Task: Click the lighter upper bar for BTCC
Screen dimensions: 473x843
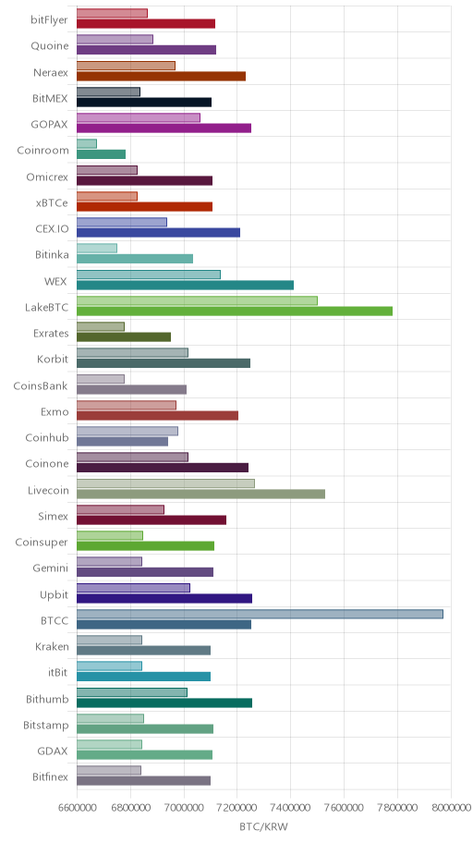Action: click(x=260, y=614)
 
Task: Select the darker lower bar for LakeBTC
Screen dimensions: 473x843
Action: click(x=235, y=311)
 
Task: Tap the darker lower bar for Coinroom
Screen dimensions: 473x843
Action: click(x=101, y=154)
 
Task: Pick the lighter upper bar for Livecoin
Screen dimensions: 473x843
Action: click(x=165, y=483)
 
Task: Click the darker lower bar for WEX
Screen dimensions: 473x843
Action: click(x=186, y=285)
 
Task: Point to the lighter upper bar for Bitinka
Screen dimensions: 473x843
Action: click(x=97, y=249)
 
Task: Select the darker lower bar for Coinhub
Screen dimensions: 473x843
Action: click(x=123, y=442)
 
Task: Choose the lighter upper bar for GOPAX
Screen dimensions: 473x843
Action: click(x=139, y=117)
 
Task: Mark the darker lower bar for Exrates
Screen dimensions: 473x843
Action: click(x=124, y=337)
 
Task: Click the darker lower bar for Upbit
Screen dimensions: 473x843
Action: click(x=164, y=598)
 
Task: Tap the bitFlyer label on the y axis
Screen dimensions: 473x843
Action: click(x=50, y=20)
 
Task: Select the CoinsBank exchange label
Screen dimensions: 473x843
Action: click(x=41, y=385)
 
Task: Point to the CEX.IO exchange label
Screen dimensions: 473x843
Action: click(x=52, y=228)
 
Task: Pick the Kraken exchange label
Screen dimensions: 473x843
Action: click(x=52, y=646)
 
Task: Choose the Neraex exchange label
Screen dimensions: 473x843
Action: click(x=51, y=72)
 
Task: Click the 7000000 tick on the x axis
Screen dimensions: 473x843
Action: click(x=184, y=807)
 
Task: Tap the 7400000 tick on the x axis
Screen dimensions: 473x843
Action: click(x=291, y=807)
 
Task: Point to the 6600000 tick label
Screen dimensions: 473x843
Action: click(x=77, y=807)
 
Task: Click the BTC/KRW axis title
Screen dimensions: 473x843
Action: click(x=264, y=826)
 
